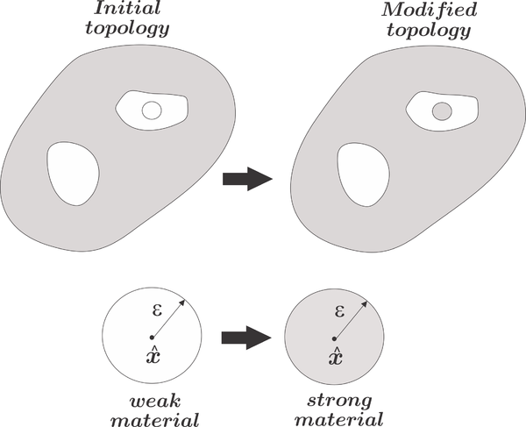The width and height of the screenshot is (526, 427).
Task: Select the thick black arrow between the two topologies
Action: (247, 179)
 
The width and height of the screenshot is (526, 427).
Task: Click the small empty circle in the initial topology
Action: (151, 110)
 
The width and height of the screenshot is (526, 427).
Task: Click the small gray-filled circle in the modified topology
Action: (442, 110)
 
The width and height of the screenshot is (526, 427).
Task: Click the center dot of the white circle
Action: (152, 338)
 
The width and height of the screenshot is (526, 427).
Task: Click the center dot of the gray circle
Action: (335, 338)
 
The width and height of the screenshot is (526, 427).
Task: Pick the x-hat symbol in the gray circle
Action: (335, 355)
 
